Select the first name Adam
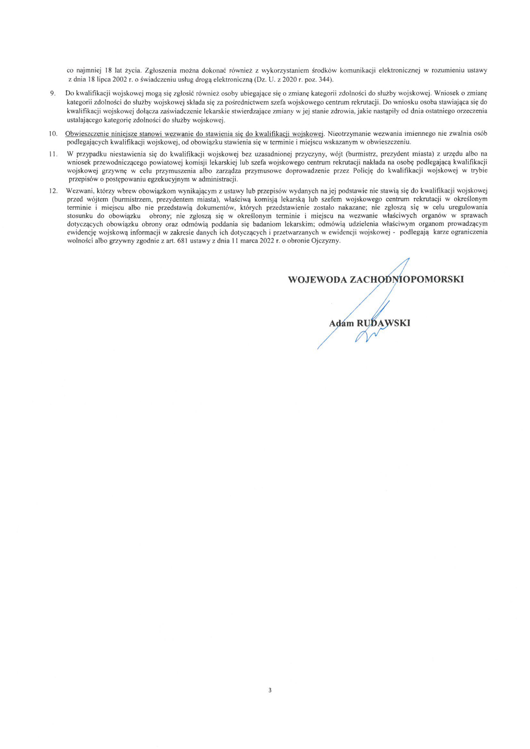coord(341,323)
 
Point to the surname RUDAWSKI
coord(383,323)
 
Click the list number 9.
coord(52,94)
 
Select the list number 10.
coord(53,134)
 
